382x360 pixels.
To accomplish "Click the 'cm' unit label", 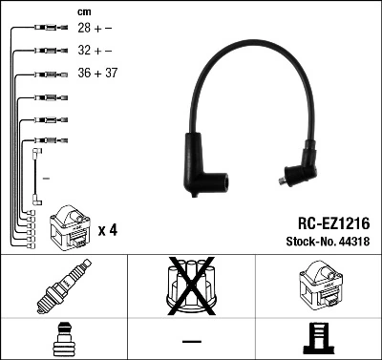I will pyautogui.click(x=84, y=11).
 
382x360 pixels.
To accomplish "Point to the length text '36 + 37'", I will pyautogui.click(x=97, y=74).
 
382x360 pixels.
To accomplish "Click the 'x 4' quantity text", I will pyautogui.click(x=108, y=231).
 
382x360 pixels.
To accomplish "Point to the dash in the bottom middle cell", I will pyautogui.click(x=191, y=340).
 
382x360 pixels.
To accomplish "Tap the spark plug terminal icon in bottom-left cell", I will pyautogui.click(x=64, y=339).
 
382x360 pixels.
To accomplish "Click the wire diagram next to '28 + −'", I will pyautogui.click(x=44, y=30).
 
